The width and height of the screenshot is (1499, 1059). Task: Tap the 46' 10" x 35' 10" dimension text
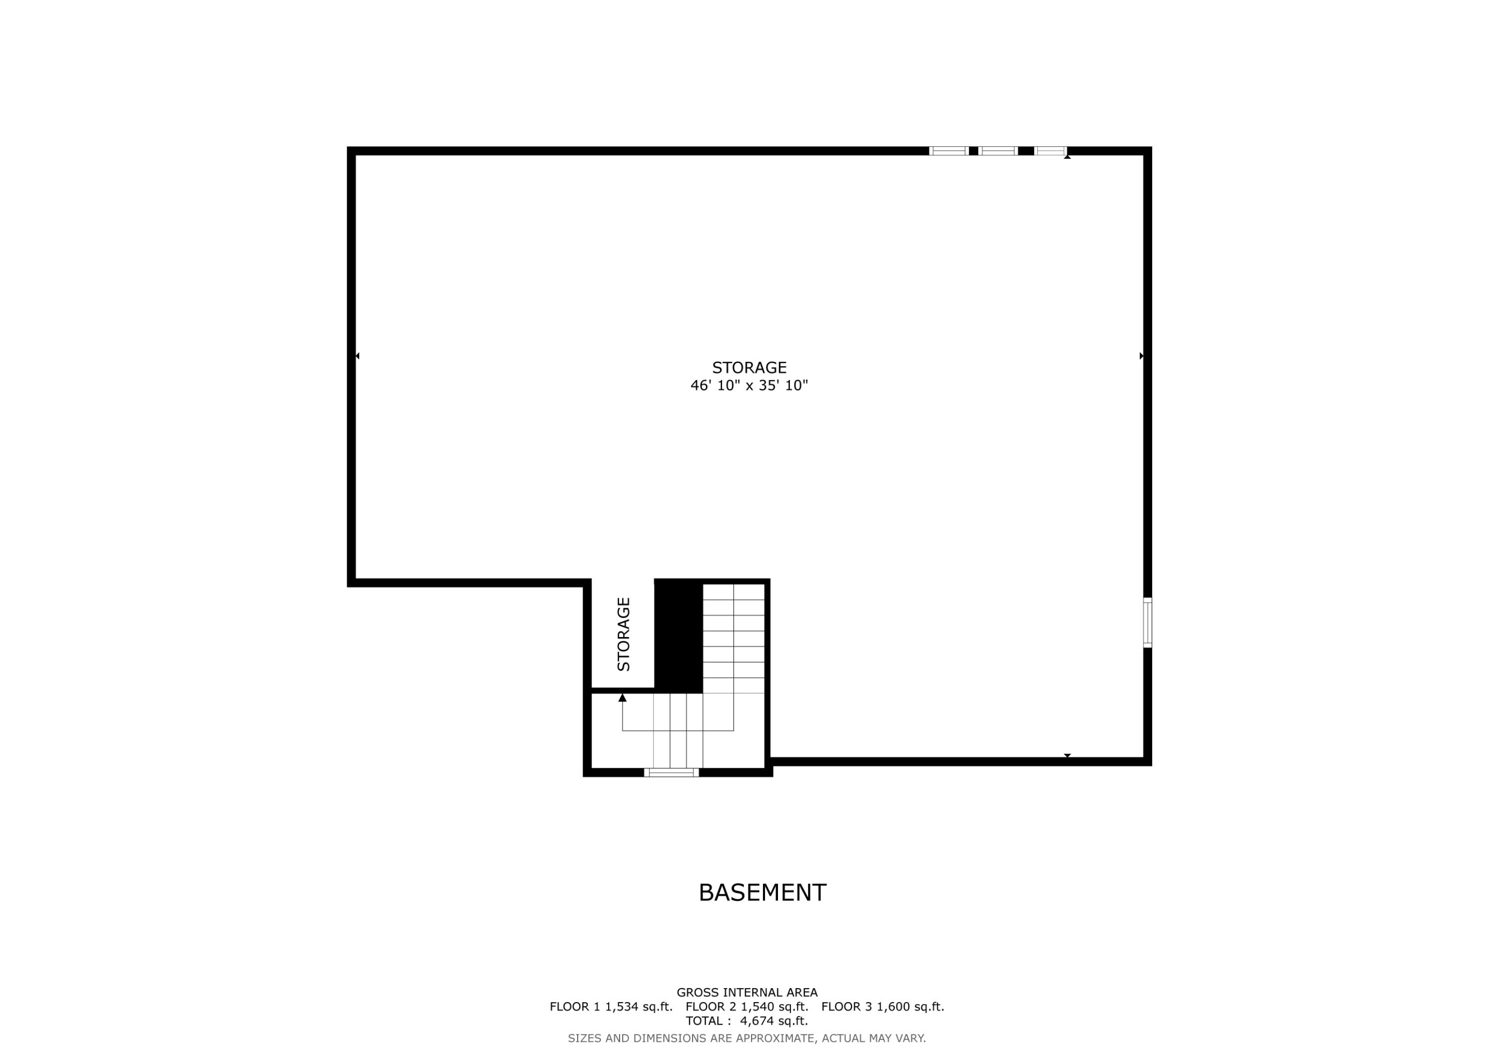pos(749,385)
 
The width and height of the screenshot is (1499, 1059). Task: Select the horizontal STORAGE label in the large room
pos(749,367)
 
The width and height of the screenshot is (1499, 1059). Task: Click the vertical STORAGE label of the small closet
pos(624,634)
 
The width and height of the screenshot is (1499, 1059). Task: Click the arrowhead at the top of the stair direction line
pos(622,698)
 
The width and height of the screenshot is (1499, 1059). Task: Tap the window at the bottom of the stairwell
pos(671,772)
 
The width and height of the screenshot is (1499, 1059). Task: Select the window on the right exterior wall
pos(1147,623)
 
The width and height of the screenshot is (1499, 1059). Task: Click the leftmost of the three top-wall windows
pos(949,151)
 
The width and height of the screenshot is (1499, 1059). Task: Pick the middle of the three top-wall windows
pos(998,151)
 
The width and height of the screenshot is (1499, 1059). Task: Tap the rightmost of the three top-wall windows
pos(1050,151)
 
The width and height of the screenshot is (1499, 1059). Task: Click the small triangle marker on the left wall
pos(357,355)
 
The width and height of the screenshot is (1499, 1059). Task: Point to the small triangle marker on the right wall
pos(1141,355)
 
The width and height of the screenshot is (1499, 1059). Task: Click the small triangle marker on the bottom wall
pos(1067,755)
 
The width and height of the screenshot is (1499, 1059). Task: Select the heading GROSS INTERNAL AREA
pos(747,993)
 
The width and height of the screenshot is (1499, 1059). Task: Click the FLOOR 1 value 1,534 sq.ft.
pos(639,1006)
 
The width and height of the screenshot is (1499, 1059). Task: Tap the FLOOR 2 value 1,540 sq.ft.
pos(774,1006)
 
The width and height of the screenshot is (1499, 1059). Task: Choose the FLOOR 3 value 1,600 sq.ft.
pos(910,1006)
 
